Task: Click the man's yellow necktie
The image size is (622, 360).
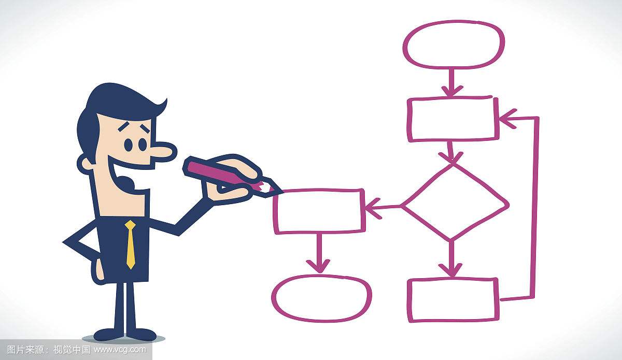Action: [x=130, y=244]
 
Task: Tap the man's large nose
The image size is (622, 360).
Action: [x=164, y=151]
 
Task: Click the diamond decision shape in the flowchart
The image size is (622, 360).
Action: [x=456, y=203]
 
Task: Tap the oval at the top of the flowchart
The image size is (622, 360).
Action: [x=454, y=45]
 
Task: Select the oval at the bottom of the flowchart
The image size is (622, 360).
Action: [x=321, y=298]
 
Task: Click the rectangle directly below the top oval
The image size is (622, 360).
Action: [x=453, y=119]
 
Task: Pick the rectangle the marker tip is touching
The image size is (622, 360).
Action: [x=319, y=211]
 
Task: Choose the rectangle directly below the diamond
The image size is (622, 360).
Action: [x=454, y=300]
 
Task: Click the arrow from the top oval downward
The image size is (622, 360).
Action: [x=452, y=82]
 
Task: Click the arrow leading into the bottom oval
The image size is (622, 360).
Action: [x=318, y=253]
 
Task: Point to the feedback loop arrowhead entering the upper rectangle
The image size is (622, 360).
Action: [x=508, y=119]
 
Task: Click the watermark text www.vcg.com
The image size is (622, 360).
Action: [x=120, y=350]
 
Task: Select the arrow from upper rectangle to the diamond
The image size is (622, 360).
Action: [x=450, y=152]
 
